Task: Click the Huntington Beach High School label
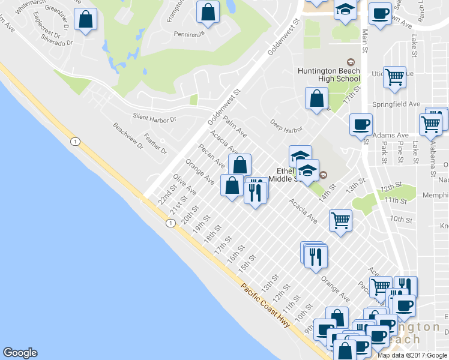[329, 75]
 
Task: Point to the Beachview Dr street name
[128, 136]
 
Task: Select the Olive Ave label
[185, 184]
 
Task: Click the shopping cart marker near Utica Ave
[394, 77]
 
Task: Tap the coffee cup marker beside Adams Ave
[361, 124]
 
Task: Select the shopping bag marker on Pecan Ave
[240, 164]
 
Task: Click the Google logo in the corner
[20, 353]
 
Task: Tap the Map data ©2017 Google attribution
[412, 355]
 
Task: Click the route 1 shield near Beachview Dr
[74, 142]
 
